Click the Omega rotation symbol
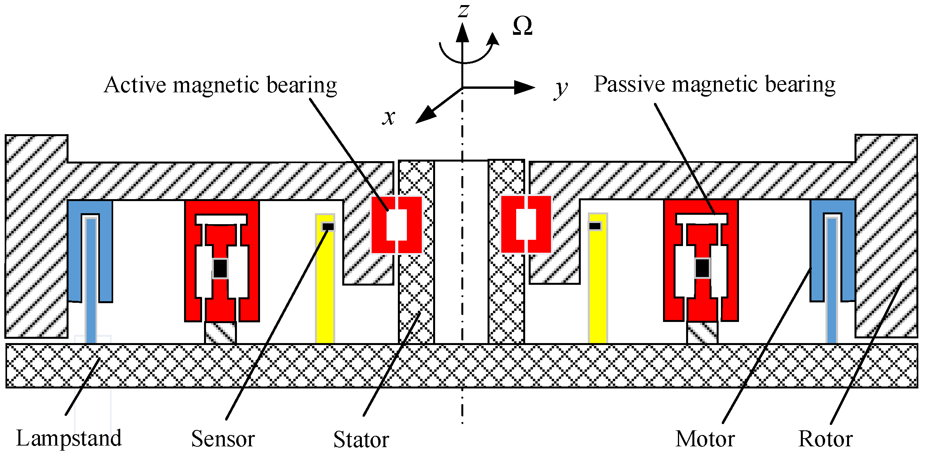click(522, 26)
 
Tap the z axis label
click(464, 10)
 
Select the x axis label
click(389, 117)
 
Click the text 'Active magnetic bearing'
click(220, 85)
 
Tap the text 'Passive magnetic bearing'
click(714, 84)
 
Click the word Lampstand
click(69, 438)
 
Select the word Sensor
click(223, 439)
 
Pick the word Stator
click(361, 440)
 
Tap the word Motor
click(705, 439)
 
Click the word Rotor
click(826, 439)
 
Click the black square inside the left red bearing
click(220, 268)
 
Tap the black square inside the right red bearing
click(702, 268)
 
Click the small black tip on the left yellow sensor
click(328, 226)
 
